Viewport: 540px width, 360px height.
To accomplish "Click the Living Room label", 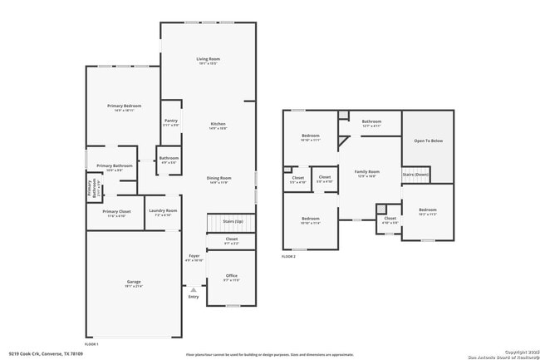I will click(208, 59).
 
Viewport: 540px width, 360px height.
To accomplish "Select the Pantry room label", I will click(171, 121).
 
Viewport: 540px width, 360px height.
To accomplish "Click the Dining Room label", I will click(218, 178).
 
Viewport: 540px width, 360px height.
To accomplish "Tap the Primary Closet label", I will click(116, 211).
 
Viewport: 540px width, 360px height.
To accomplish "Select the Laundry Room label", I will click(163, 210).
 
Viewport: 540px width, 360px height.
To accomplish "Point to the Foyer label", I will click(194, 255).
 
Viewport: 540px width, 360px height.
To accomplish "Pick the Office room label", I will click(231, 276).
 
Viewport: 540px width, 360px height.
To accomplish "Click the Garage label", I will click(134, 283).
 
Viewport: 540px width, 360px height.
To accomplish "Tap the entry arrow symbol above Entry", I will click(194, 289).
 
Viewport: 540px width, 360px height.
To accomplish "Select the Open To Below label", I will click(428, 141).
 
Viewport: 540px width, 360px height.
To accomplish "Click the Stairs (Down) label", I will click(415, 175).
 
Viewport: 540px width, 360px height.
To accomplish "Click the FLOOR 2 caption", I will click(288, 257).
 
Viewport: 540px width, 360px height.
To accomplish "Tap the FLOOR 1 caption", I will click(92, 343).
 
